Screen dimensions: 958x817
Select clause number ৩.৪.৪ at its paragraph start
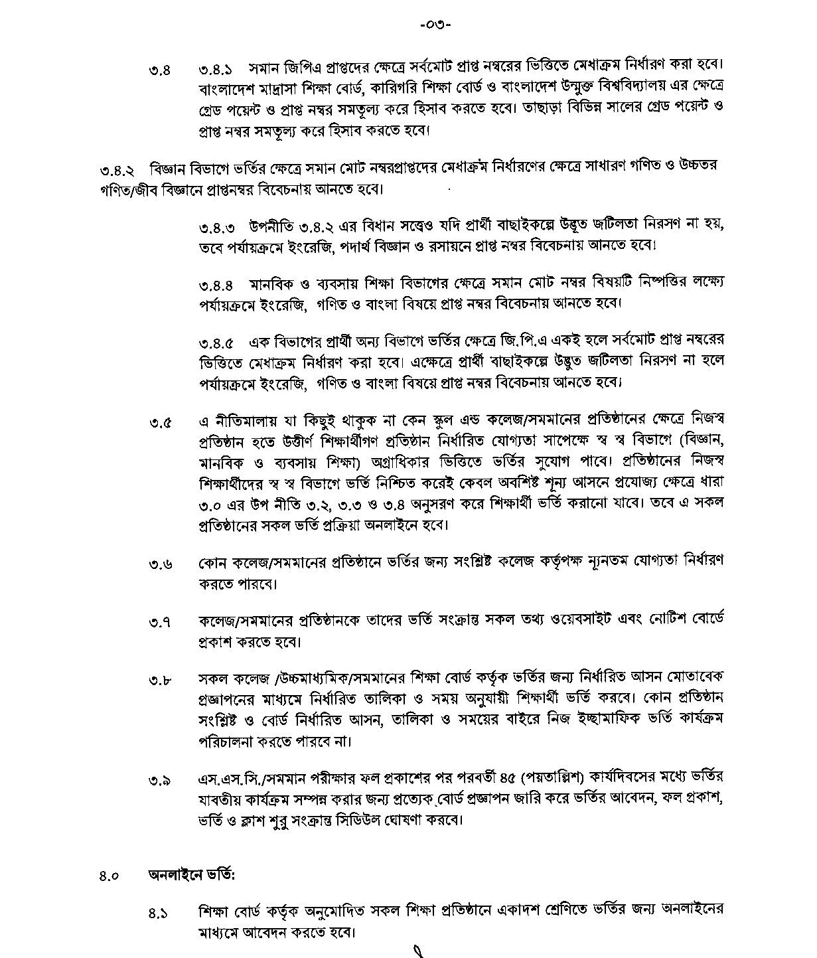pos(215,285)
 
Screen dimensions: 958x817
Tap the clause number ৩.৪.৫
pos(215,344)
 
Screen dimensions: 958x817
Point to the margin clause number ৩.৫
pos(160,423)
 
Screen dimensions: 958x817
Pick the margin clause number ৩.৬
pos(160,564)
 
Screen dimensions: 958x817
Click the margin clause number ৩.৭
pos(160,623)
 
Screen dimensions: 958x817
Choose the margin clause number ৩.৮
pos(160,680)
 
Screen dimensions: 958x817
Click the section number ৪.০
pos(109,876)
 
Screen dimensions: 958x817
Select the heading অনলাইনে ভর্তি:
pos(191,874)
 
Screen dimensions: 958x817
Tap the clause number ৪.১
pos(158,913)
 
